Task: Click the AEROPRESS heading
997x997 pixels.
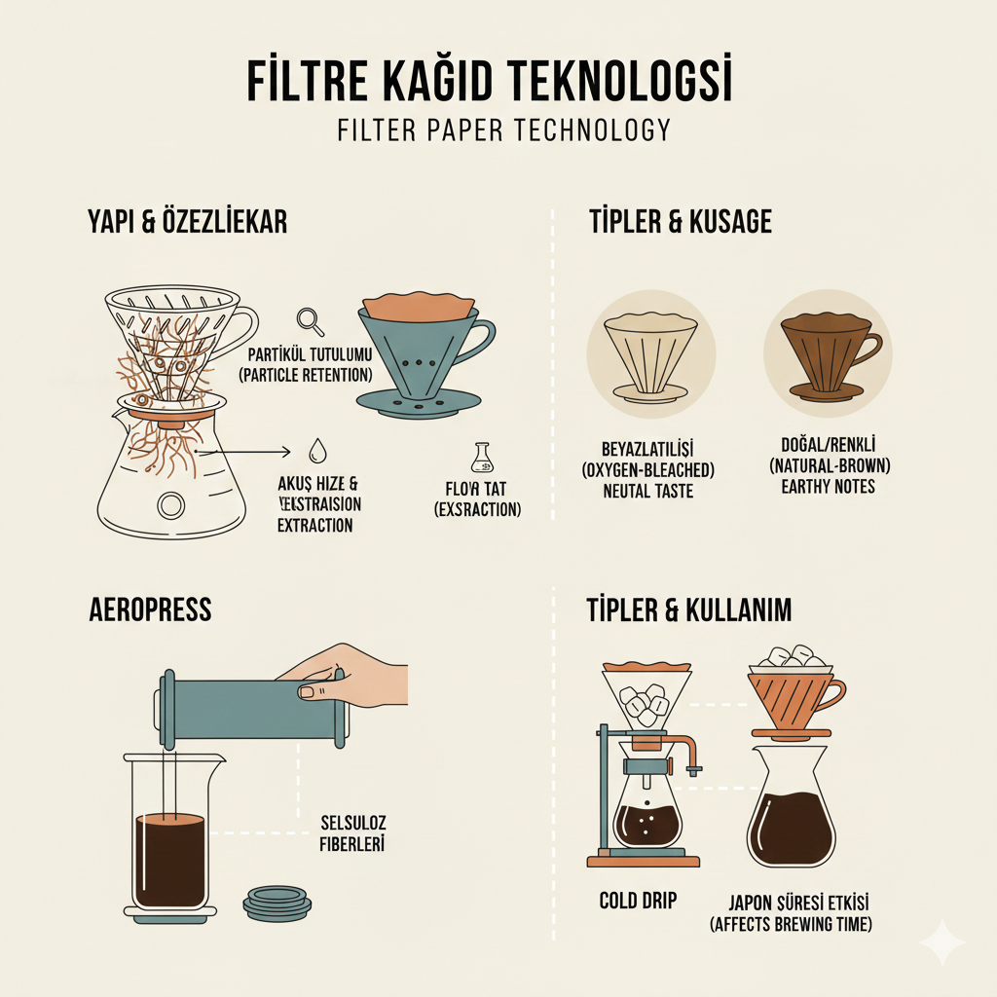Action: [149, 610]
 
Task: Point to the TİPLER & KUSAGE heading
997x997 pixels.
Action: [680, 222]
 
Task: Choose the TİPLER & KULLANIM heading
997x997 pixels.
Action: [689, 610]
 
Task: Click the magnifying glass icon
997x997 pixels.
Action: [311, 319]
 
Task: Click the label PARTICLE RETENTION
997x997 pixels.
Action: [304, 375]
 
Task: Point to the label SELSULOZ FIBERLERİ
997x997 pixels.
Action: [352, 833]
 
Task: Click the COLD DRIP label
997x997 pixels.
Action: [638, 901]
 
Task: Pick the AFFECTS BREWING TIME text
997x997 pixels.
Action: [791, 924]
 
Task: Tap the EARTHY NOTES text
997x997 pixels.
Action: [828, 487]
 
